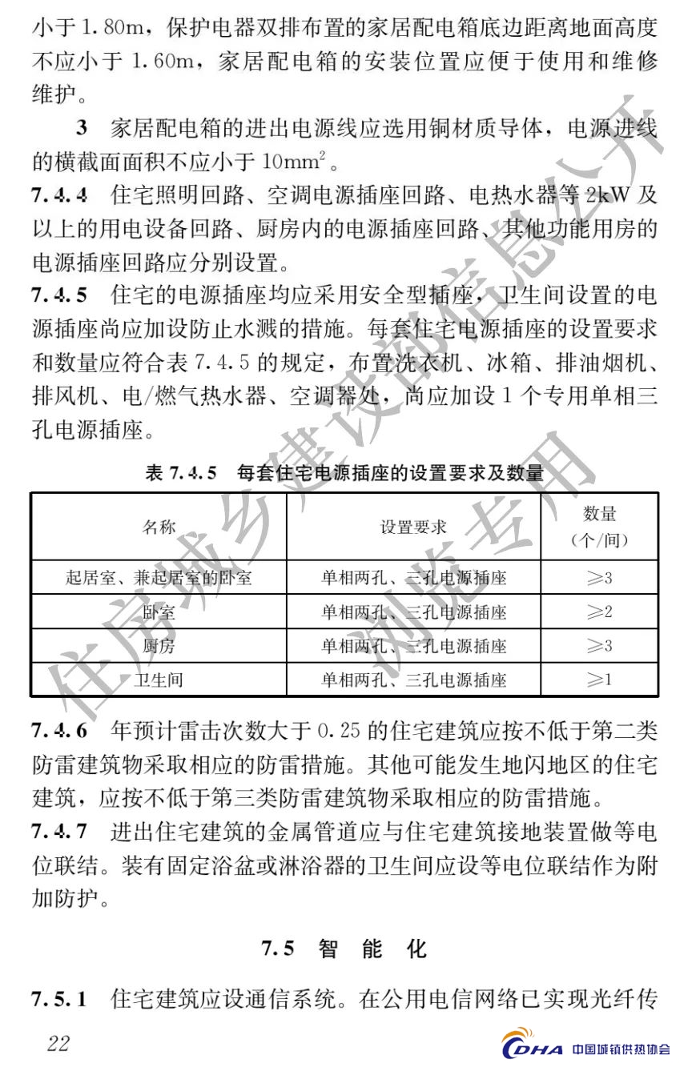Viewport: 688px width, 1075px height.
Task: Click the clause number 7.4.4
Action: click(x=60, y=195)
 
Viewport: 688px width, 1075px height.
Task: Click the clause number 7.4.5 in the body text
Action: click(x=60, y=295)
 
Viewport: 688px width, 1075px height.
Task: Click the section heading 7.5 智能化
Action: click(x=344, y=949)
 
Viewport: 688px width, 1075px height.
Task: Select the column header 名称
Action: click(x=159, y=527)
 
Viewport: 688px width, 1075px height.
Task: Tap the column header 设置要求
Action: click(x=413, y=527)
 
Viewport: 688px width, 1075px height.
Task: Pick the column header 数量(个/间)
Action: click(x=599, y=527)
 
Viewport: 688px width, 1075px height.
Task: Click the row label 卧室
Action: click(x=159, y=612)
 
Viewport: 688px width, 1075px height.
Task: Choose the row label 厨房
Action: click(x=159, y=646)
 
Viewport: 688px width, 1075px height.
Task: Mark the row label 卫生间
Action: click(x=159, y=680)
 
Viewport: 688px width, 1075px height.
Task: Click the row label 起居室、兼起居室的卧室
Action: click(x=159, y=577)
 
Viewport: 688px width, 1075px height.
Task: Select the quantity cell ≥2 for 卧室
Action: click(x=599, y=612)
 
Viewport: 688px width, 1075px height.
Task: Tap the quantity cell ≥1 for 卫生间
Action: click(x=599, y=680)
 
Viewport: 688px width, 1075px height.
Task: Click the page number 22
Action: click(x=58, y=1043)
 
